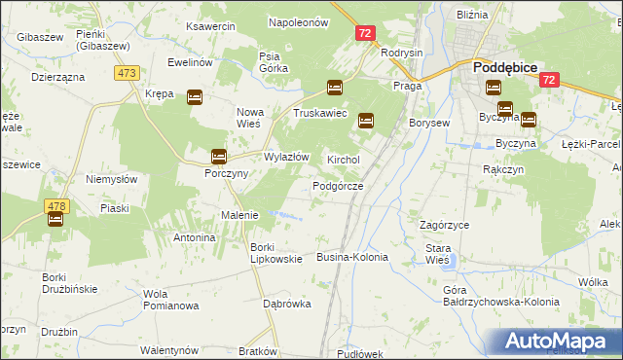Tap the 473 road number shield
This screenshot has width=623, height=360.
(127, 73)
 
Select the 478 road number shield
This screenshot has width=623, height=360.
(55, 205)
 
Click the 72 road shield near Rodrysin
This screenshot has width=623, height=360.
(364, 33)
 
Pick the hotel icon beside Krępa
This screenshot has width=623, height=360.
(194, 96)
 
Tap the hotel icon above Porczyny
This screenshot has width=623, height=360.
(219, 156)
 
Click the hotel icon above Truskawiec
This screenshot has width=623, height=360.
(335, 88)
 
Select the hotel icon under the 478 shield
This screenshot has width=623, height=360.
(55, 220)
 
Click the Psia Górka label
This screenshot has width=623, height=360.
(271, 62)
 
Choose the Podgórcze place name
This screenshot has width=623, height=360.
(338, 186)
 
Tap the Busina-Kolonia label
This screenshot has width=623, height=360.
(352, 257)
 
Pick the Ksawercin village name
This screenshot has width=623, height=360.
(210, 26)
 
